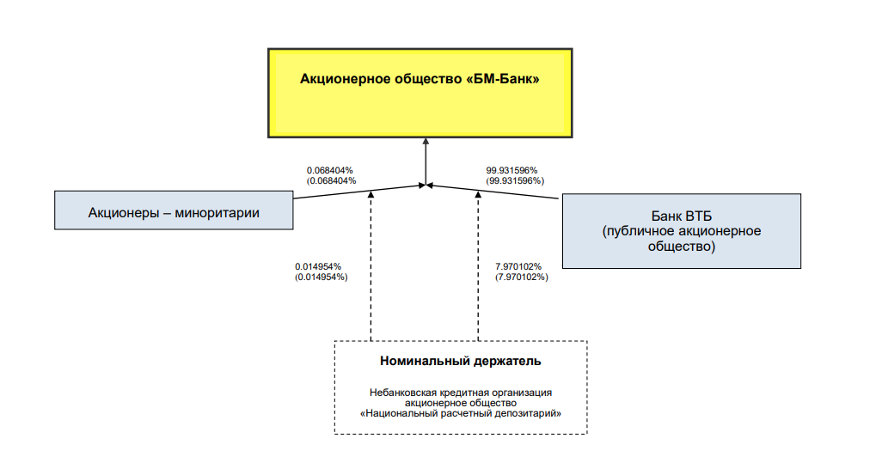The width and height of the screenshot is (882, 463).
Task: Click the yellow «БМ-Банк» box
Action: pyautogui.click(x=420, y=93)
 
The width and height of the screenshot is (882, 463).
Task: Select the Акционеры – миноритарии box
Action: pyautogui.click(x=174, y=210)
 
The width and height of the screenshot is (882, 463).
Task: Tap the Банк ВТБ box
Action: pyautogui.click(x=682, y=231)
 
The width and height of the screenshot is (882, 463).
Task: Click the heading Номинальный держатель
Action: pyautogui.click(x=461, y=361)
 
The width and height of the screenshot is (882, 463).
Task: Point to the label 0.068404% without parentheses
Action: pyautogui.click(x=329, y=170)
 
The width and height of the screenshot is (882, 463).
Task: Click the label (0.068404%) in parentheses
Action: pyautogui.click(x=331, y=181)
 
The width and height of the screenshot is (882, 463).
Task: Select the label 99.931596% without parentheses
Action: pyautogui.click(x=511, y=170)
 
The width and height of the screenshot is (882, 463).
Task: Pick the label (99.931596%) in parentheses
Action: pyautogui.click(x=515, y=181)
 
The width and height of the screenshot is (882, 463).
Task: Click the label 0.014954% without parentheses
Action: pyautogui.click(x=318, y=266)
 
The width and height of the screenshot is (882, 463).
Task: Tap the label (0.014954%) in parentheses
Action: pyautogui.click(x=322, y=277)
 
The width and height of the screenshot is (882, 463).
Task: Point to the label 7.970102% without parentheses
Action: pyautogui.click(x=518, y=266)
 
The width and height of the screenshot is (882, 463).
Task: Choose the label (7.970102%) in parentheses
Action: pyautogui.click(x=522, y=277)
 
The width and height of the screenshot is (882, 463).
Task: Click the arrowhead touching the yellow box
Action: pyautogui.click(x=426, y=142)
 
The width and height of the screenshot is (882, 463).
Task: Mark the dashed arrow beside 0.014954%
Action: pyautogui.click(x=371, y=265)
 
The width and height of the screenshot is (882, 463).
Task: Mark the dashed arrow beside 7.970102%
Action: pyautogui.click(x=478, y=265)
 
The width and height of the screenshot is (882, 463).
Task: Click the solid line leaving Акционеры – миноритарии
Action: pyautogui.click(x=359, y=192)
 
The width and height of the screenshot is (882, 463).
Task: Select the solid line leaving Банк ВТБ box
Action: pyautogui.click(x=493, y=192)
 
